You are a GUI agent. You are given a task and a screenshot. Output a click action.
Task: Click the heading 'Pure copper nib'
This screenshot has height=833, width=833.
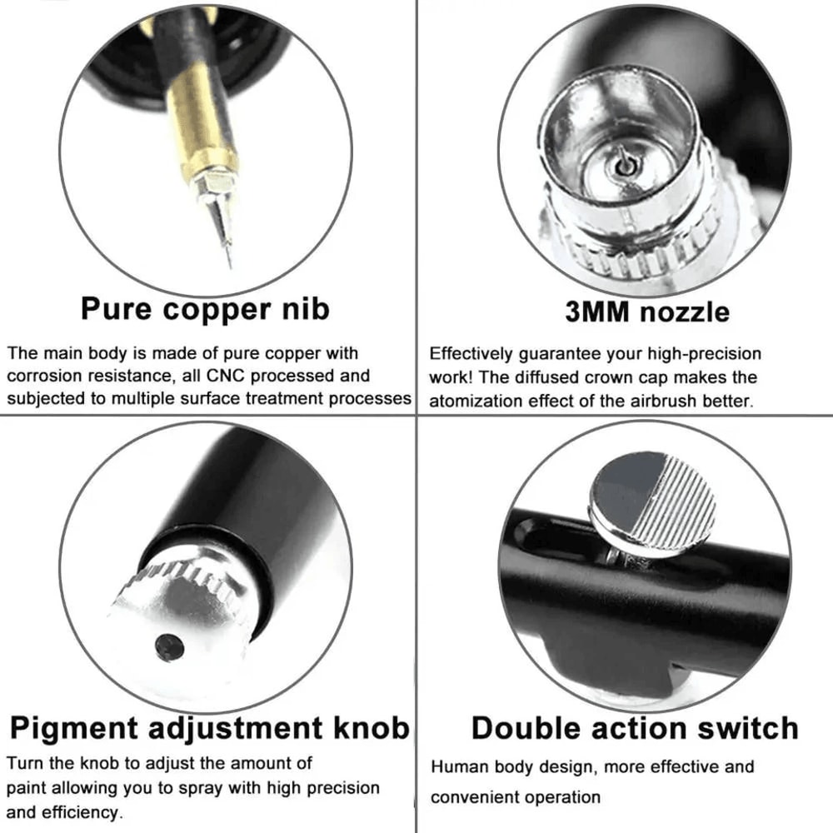[205, 308]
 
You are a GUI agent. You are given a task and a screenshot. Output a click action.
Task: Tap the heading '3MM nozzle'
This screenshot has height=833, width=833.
[646, 312]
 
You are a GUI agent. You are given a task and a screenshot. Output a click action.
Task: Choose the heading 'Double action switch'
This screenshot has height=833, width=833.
[635, 727]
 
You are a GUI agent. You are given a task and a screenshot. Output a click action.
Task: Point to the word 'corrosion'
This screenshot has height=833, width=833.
[43, 376]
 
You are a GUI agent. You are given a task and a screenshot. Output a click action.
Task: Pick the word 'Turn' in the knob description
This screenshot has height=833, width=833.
[24, 762]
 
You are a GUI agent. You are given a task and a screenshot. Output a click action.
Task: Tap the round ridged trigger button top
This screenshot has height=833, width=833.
[652, 502]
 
